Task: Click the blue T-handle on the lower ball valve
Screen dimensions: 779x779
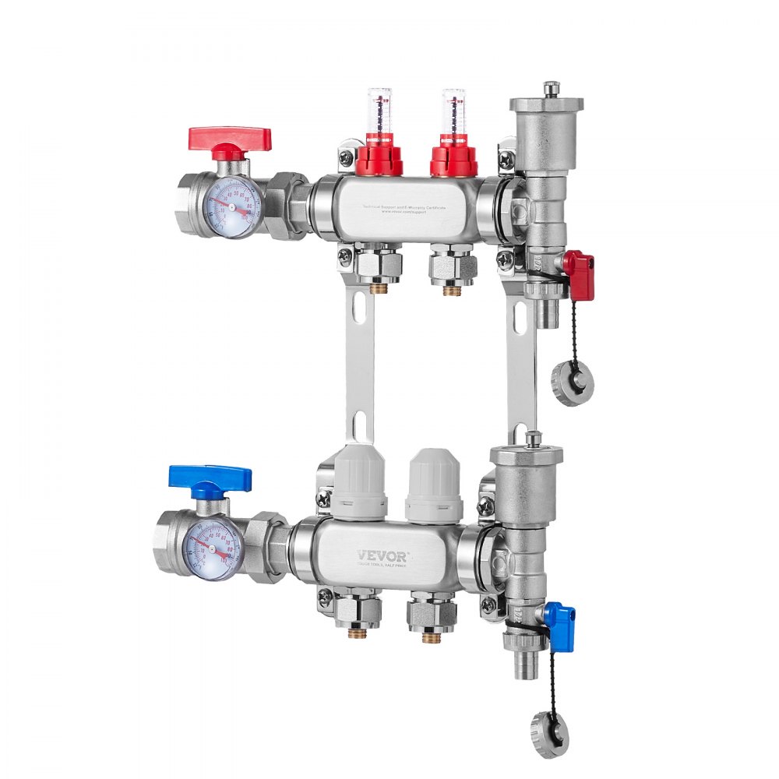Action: click(210, 478)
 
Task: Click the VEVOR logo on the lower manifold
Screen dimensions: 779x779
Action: click(382, 555)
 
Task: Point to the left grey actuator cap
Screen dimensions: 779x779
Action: click(360, 484)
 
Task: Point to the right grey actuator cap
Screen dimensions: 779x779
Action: click(434, 487)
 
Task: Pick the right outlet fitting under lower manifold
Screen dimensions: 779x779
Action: click(431, 615)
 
